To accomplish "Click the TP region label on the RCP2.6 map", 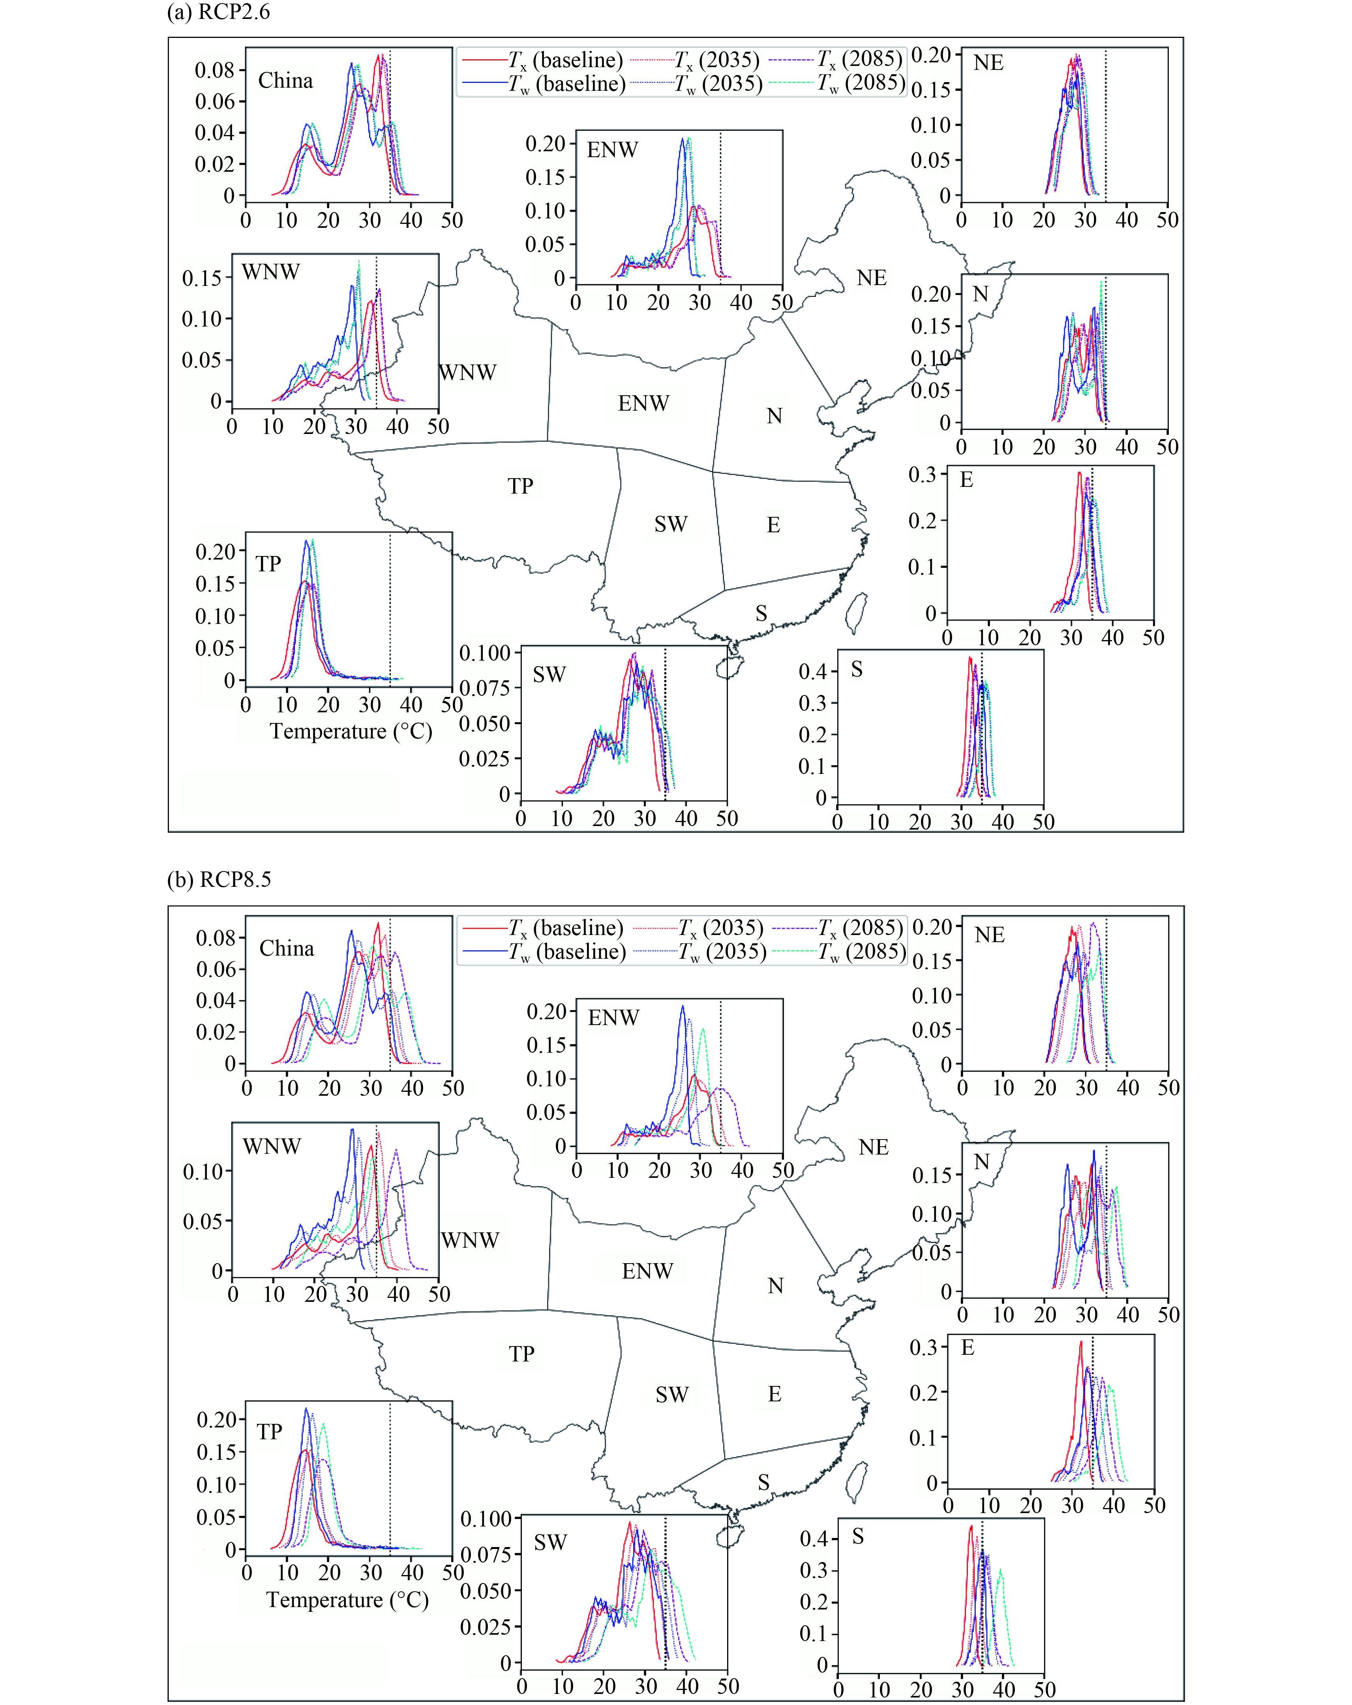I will click(520, 486).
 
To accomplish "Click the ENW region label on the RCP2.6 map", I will click(643, 403).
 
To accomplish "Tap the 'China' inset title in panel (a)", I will click(285, 81).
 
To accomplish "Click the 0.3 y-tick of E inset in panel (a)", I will click(922, 475).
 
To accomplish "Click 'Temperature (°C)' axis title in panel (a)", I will click(350, 732).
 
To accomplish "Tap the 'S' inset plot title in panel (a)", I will click(856, 670).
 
